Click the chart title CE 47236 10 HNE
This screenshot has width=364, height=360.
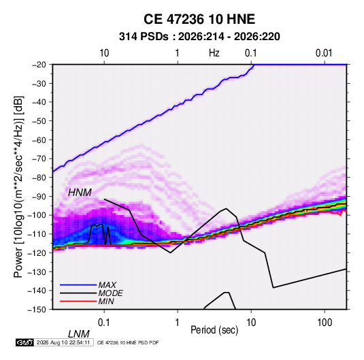[x=199, y=19]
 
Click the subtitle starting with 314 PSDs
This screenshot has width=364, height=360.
[x=199, y=37]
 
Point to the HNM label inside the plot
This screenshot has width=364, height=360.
[x=80, y=193]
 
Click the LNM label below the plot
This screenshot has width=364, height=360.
[x=78, y=334]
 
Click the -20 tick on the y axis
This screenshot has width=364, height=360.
[x=39, y=65]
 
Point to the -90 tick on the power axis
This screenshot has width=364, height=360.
[x=39, y=197]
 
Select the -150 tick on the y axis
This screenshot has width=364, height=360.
[x=37, y=310]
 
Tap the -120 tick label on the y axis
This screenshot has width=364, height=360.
[x=37, y=253]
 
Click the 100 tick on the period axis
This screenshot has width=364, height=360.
[x=325, y=323]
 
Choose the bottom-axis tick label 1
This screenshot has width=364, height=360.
[x=178, y=323]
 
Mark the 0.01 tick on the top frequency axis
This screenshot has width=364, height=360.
[x=324, y=53]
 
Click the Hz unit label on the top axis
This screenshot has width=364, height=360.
[x=214, y=53]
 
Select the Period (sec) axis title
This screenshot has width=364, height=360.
[x=214, y=330]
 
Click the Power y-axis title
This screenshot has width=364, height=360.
[x=18, y=186]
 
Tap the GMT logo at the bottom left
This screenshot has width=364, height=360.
[x=24, y=342]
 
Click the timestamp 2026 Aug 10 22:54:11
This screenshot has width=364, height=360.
[x=63, y=342]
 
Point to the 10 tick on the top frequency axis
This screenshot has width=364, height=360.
[x=104, y=53]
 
